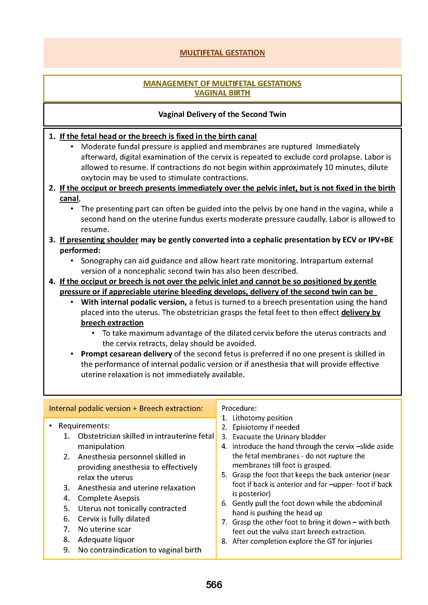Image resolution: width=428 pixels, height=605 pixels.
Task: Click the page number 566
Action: (x=214, y=585)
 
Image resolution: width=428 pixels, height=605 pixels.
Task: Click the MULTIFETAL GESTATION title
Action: (x=222, y=53)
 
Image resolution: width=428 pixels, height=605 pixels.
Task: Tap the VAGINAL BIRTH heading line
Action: (x=222, y=93)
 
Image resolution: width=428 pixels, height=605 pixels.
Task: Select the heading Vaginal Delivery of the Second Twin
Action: (x=222, y=114)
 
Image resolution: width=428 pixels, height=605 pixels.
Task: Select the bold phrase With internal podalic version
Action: (x=134, y=302)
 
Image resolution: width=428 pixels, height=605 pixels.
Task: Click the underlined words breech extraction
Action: (x=112, y=323)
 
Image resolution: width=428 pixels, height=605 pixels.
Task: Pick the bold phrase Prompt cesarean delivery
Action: (x=127, y=354)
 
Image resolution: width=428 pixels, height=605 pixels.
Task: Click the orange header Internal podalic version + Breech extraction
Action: (x=126, y=408)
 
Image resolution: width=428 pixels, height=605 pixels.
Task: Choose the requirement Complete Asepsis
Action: (x=109, y=498)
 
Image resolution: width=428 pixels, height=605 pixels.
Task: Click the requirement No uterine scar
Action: (x=104, y=529)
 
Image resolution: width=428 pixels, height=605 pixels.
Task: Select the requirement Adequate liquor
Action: (x=106, y=539)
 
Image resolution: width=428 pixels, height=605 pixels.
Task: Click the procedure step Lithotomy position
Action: (x=262, y=418)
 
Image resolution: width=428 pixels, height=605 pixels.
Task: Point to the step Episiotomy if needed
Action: (x=266, y=427)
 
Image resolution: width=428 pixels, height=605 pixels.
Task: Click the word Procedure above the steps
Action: (x=239, y=408)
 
